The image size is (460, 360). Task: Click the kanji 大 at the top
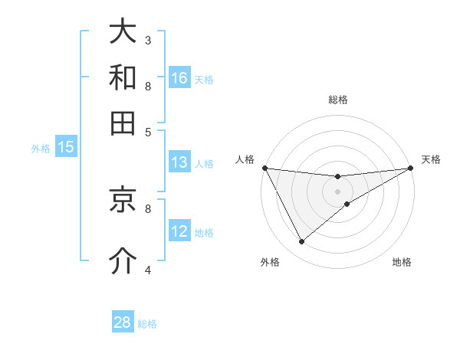click(123, 32)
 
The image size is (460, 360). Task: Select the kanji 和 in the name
click(123, 77)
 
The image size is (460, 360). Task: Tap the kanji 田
click(123, 122)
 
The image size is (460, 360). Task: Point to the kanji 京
click(123, 200)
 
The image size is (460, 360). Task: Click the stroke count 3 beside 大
click(148, 39)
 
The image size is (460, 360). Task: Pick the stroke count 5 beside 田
click(148, 131)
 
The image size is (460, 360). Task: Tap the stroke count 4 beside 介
click(148, 269)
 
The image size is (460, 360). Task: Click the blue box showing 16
click(179, 78)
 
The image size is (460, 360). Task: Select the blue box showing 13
click(179, 162)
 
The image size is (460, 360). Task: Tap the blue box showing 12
click(179, 231)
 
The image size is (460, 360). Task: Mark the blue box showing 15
click(66, 148)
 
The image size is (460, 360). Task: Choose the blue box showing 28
click(123, 322)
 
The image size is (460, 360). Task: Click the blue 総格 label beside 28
click(147, 324)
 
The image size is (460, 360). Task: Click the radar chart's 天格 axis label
click(431, 159)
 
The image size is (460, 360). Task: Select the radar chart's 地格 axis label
click(402, 262)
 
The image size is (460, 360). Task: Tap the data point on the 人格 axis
click(265, 168)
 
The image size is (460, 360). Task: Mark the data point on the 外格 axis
click(301, 242)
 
